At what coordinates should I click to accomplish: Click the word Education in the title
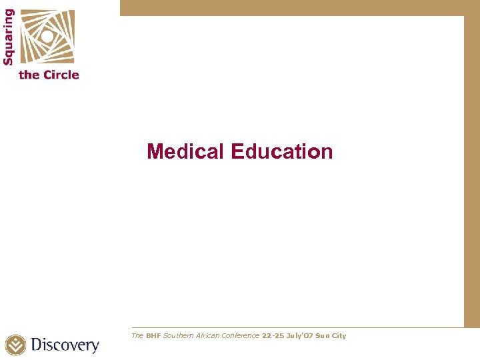(x=281, y=151)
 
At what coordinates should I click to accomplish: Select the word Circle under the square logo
(x=61, y=75)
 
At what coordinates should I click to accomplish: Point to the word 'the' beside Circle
(x=29, y=75)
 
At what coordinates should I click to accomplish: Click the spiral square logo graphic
(x=47, y=36)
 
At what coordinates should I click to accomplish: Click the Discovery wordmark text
(x=65, y=345)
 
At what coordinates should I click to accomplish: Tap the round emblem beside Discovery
(x=16, y=345)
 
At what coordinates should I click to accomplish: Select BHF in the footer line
(x=154, y=335)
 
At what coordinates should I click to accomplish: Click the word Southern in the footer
(x=179, y=335)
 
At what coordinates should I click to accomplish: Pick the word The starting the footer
(x=137, y=335)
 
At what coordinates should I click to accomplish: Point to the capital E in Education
(x=237, y=151)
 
